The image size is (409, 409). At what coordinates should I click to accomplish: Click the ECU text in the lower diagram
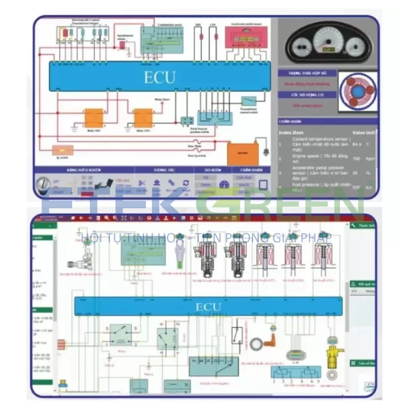(x=208, y=307)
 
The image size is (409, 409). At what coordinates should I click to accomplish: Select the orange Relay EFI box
(x=93, y=118)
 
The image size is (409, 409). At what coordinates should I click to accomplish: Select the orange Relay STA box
(x=143, y=118)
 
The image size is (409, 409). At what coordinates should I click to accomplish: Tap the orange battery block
(x=242, y=154)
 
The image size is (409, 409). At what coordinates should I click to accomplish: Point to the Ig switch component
(x=63, y=150)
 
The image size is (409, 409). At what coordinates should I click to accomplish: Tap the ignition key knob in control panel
(x=43, y=185)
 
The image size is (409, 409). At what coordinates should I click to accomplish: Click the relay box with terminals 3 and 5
(x=121, y=334)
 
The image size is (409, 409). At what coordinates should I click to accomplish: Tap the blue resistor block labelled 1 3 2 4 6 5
(x=296, y=373)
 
